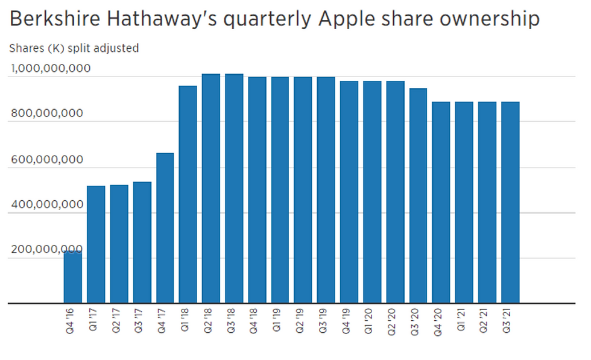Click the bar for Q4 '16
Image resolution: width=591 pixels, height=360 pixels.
pyautogui.click(x=72, y=277)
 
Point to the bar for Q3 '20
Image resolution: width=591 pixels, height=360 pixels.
pyautogui.click(x=418, y=195)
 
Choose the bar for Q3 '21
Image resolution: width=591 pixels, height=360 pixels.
pyautogui.click(x=510, y=202)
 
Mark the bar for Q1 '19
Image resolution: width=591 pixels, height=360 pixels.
pyautogui.click(x=280, y=190)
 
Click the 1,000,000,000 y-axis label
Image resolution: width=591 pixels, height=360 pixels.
pyautogui.click(x=50, y=69)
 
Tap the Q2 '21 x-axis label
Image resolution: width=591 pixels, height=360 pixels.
pyautogui.click(x=487, y=319)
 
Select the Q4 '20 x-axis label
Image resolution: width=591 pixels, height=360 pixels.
pyautogui.click(x=441, y=319)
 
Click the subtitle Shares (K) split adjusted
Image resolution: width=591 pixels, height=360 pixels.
pyautogui.click(x=75, y=48)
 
